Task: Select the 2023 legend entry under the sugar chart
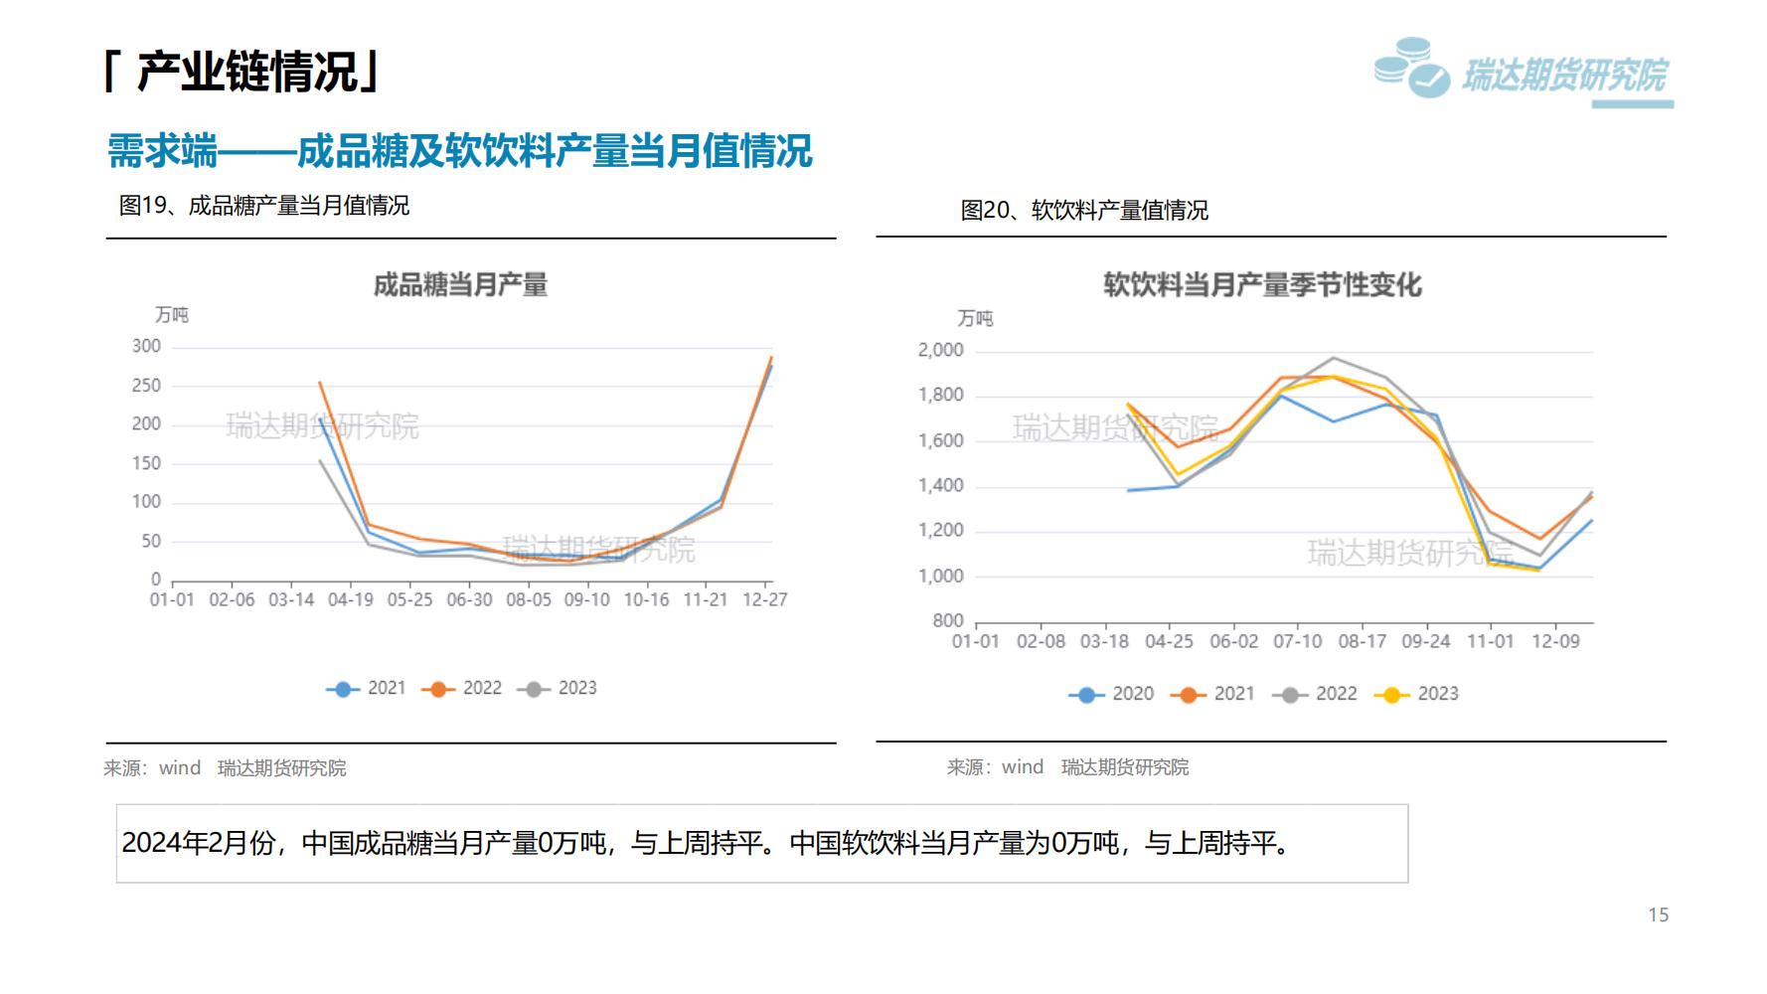(x=558, y=688)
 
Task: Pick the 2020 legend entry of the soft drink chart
(x=1112, y=694)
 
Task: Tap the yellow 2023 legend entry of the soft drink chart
(x=1417, y=694)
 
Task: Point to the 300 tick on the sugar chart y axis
(x=146, y=346)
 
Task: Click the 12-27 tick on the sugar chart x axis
(x=764, y=599)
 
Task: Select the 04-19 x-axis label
(x=350, y=599)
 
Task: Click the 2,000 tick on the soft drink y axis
(x=940, y=350)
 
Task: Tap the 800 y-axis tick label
(x=948, y=620)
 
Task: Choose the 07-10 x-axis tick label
(x=1298, y=641)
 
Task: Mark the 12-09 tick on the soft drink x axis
(x=1555, y=641)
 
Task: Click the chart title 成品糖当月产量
(x=460, y=285)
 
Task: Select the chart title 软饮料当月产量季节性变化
(x=1262, y=285)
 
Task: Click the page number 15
(x=1658, y=914)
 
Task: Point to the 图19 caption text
(x=264, y=206)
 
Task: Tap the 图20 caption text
(x=1084, y=211)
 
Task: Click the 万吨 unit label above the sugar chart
(x=172, y=315)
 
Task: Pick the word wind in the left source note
(x=180, y=767)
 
